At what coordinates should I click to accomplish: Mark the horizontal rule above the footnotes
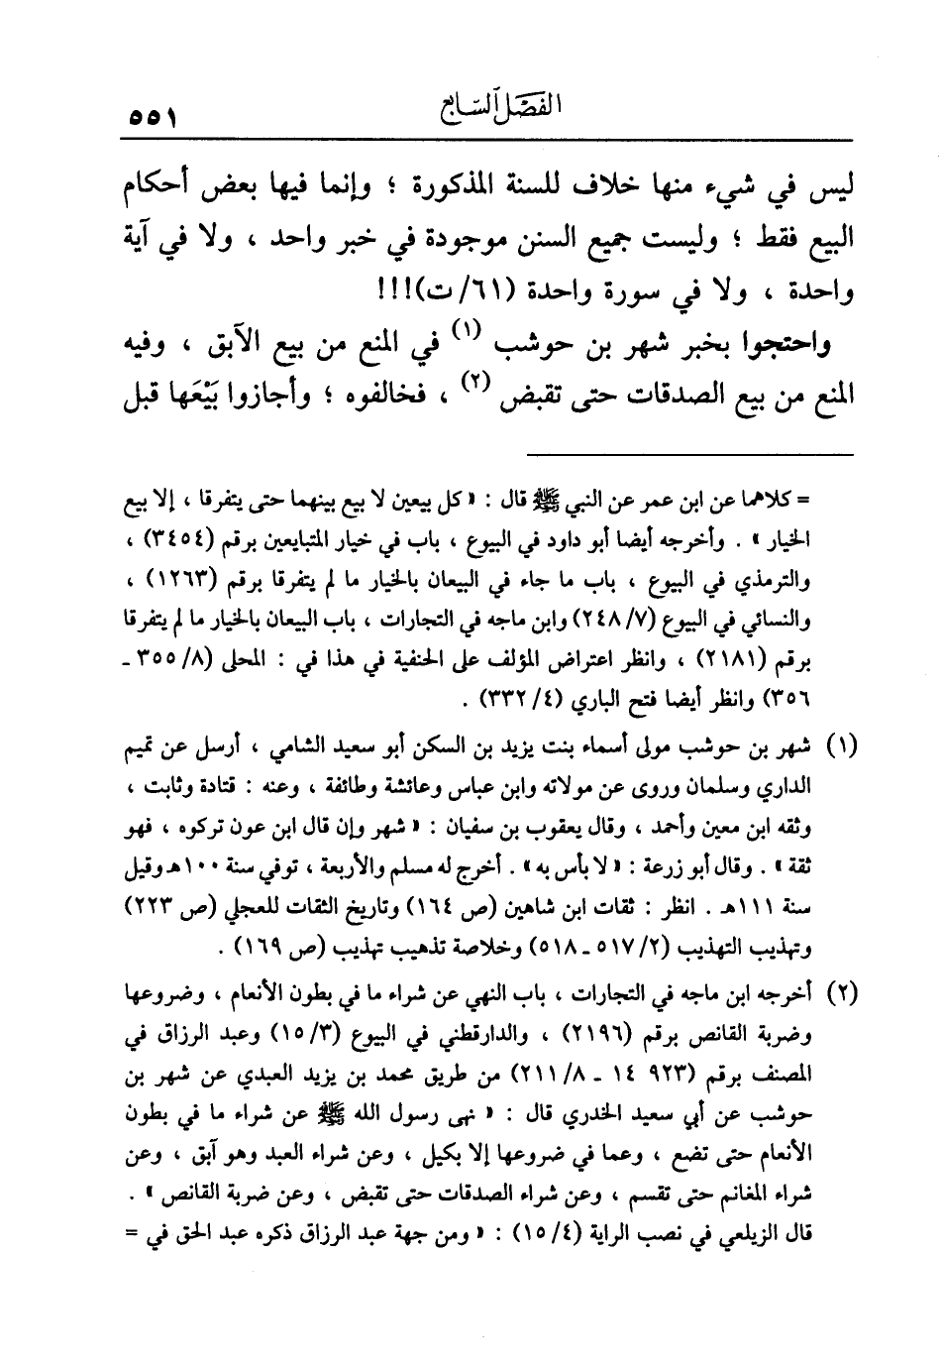tap(690, 455)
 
